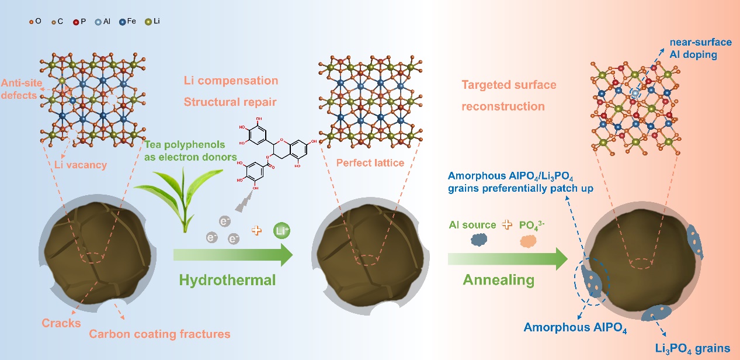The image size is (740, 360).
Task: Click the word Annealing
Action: point(498,280)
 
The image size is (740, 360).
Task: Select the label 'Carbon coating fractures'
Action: point(159,334)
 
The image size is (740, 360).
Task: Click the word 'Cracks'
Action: point(61,323)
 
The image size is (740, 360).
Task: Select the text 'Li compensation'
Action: point(231,81)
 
